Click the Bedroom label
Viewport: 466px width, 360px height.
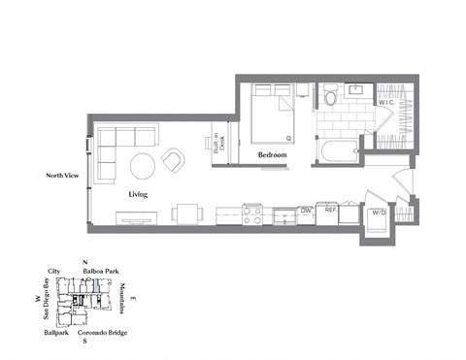272,154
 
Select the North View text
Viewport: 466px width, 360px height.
61,176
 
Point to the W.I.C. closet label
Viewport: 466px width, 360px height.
385,101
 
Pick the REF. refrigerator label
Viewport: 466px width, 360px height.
331,210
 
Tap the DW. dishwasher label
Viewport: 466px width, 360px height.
305,210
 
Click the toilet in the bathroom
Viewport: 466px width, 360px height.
330,96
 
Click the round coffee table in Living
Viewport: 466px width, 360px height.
144,166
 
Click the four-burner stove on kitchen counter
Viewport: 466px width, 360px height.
252,214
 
